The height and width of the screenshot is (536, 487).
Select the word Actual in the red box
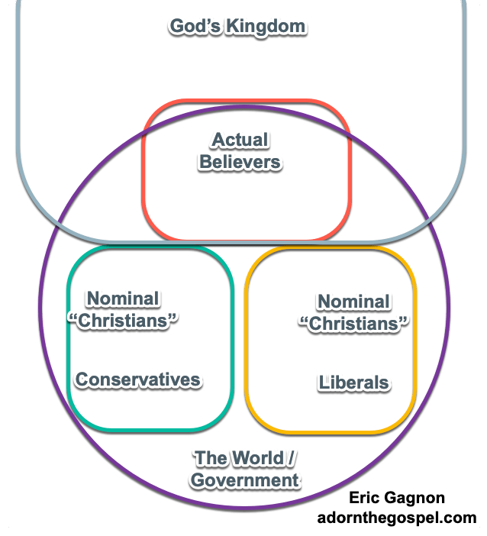tap(240, 140)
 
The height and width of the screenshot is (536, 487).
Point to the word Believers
tap(240, 162)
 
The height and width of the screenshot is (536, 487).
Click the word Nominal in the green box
tap(123, 299)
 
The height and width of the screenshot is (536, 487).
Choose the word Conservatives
tap(137, 379)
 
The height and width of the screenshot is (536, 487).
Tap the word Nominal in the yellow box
tap(353, 302)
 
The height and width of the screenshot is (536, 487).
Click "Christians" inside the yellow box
tap(353, 323)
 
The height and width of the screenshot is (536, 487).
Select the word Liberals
tap(353, 383)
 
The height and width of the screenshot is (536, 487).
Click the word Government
tap(244, 480)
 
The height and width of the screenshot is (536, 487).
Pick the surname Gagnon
tap(419, 499)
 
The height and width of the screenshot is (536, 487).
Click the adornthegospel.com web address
tap(397, 518)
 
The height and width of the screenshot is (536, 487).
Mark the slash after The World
tap(292, 459)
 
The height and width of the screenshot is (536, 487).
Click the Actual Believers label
tap(240, 151)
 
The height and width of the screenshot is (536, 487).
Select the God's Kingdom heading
tap(237, 27)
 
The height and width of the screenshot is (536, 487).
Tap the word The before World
tap(211, 459)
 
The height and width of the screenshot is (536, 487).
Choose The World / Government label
tap(244, 470)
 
